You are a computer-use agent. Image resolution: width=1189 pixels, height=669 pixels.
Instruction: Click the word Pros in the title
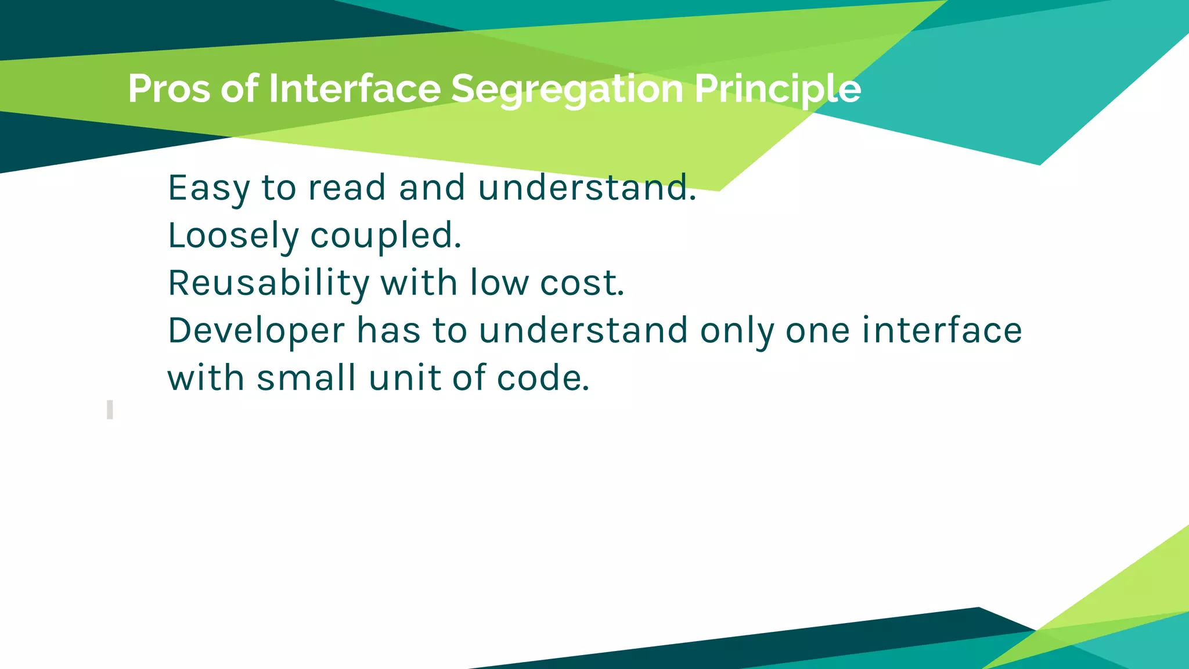(169, 89)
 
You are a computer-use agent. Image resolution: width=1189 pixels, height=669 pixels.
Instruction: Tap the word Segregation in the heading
(567, 89)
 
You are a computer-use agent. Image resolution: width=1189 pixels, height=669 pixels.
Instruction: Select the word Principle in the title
(777, 89)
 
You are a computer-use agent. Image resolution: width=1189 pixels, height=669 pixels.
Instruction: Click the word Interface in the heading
(355, 89)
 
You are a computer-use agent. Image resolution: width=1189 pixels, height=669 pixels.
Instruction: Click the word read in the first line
(347, 188)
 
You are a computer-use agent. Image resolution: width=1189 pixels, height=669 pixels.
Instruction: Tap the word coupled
(385, 236)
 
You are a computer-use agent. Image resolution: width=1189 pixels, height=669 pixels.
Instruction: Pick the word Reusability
(268, 283)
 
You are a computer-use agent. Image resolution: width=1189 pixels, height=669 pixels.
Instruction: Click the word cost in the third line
(582, 283)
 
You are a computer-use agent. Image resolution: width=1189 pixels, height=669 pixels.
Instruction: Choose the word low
(499, 283)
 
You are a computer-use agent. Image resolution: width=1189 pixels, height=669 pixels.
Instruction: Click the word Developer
(256, 331)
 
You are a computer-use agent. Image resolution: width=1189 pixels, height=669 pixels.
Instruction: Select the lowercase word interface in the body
(942, 331)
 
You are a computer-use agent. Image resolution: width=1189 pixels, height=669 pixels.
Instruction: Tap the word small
(306, 378)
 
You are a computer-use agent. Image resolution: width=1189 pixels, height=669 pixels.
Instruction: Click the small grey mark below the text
(110, 409)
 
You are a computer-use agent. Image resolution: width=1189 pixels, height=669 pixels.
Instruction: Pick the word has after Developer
(388, 331)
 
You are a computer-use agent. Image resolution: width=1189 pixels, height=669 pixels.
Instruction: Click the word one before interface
(817, 331)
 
